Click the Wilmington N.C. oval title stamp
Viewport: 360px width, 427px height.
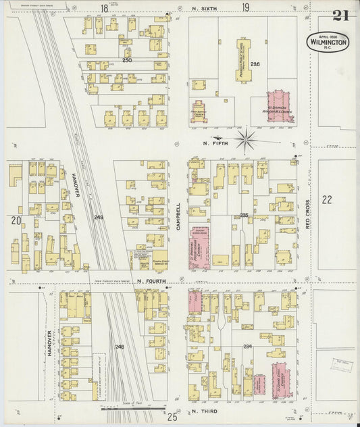tap(329, 41)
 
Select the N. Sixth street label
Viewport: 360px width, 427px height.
tap(203, 9)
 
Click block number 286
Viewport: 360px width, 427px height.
tap(255, 64)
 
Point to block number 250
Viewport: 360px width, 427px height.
tap(126, 61)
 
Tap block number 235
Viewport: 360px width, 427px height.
tap(244, 215)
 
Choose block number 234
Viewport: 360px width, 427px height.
tap(247, 347)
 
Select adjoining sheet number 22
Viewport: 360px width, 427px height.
tap(328, 199)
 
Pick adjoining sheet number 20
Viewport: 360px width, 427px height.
tap(15, 220)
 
